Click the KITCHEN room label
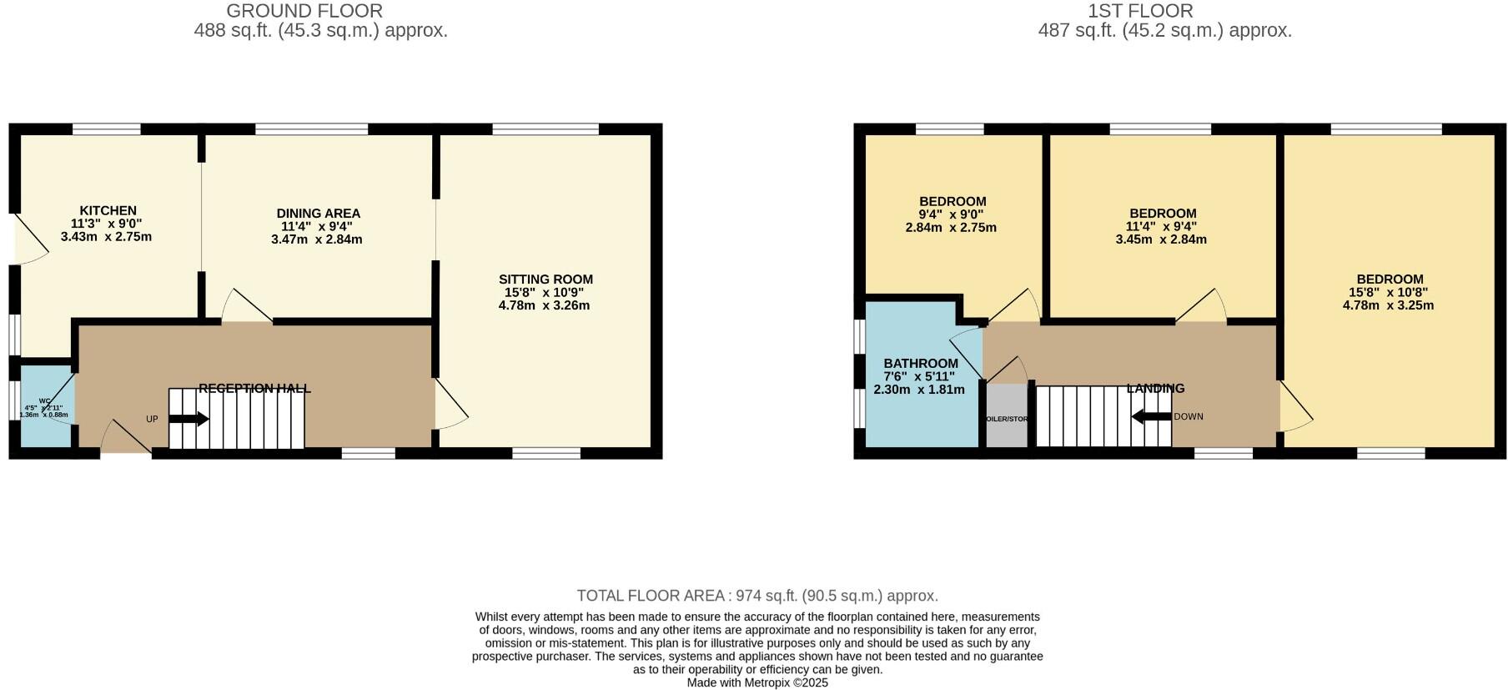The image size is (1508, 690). [108, 211]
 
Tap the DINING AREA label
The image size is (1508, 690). [318, 214]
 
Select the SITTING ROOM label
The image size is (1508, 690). [545, 280]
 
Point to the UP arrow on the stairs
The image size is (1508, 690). [189, 419]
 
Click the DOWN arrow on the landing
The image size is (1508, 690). [1152, 416]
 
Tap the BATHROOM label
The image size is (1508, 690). [921, 364]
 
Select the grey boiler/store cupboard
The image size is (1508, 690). [1006, 416]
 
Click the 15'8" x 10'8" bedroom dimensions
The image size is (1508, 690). [1389, 293]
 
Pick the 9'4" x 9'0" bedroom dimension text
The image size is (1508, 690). [952, 214]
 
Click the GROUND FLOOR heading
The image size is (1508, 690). [304, 11]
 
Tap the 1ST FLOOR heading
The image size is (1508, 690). [1140, 11]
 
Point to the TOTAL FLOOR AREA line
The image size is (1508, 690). [757, 596]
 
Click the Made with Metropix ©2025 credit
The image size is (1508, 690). [757, 682]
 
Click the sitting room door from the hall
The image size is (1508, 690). [450, 405]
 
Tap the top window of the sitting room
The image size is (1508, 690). [545, 128]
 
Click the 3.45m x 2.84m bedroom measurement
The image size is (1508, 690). [1161, 239]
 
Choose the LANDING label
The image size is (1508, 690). [1155, 388]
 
